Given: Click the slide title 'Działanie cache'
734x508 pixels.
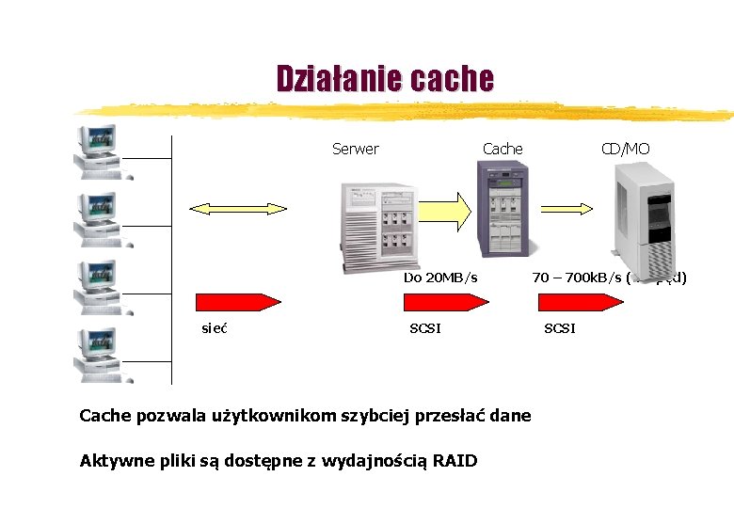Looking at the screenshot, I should [384, 79].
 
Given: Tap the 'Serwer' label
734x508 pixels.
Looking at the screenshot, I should [356, 149].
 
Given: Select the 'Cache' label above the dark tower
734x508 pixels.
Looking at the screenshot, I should [503, 149].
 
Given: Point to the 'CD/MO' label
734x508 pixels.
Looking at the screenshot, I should [626, 149].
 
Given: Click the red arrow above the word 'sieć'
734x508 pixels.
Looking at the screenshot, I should [237, 302].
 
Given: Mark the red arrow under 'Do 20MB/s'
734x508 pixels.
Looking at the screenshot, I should [445, 302].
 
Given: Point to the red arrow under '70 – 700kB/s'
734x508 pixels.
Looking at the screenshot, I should [580, 302].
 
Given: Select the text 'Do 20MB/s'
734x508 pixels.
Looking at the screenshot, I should [440, 278].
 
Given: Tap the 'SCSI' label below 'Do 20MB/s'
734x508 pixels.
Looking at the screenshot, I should [425, 327].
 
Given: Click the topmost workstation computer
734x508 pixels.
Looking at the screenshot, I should [98, 151].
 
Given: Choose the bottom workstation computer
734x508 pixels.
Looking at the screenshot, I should [98, 354].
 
